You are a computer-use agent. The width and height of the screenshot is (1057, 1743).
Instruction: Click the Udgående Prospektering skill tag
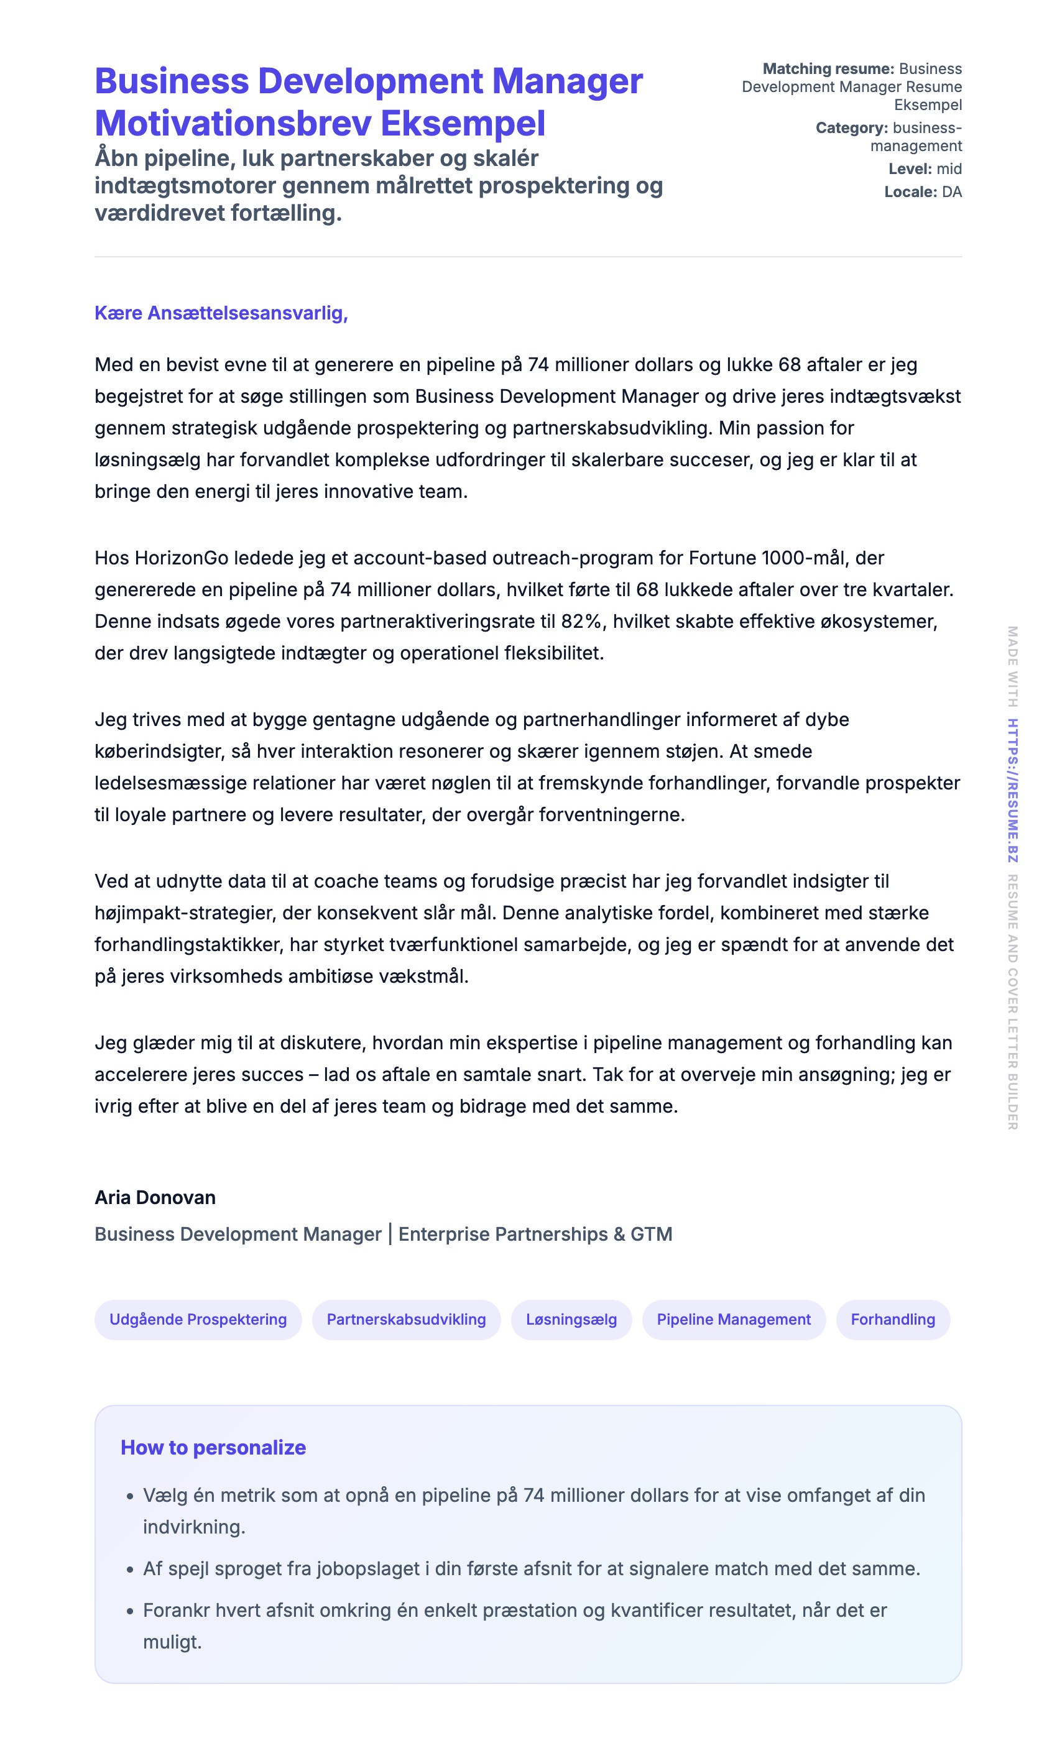coord(198,1319)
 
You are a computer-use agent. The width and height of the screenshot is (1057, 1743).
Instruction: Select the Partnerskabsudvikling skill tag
coord(406,1319)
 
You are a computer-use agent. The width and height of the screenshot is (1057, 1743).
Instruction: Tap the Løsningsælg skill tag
coord(571,1319)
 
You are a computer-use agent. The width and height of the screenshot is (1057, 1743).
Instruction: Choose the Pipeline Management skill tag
coord(734,1319)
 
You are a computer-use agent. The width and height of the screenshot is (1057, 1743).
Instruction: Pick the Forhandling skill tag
coord(893,1319)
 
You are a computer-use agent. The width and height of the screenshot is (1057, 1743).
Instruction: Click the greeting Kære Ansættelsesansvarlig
coord(221,313)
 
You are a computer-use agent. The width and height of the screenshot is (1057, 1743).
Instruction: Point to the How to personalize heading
coord(213,1447)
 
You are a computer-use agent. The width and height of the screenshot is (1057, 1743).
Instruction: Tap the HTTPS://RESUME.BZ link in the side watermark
coord(1012,790)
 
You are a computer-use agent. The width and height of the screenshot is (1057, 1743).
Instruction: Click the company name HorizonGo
coord(181,558)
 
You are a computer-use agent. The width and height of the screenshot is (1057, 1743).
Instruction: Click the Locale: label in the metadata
coord(910,191)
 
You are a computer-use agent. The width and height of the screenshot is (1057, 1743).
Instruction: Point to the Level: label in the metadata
coord(910,168)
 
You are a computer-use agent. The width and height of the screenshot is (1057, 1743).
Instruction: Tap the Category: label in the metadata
coord(851,128)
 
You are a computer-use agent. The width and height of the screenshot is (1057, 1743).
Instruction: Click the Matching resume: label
coord(828,68)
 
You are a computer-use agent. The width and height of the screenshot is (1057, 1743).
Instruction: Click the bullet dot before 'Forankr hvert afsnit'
coord(129,1611)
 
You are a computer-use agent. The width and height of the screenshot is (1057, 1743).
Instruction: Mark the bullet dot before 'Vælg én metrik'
coord(129,1497)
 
